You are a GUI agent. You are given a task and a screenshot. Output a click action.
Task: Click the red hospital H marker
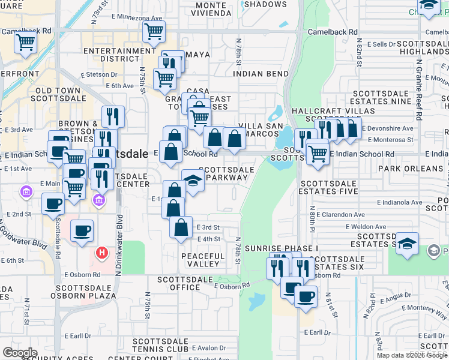coord(102,253)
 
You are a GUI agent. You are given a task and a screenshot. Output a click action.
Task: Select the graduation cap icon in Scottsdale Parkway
coord(193,179)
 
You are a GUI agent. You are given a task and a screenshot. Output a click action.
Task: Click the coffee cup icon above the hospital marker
coord(82,230)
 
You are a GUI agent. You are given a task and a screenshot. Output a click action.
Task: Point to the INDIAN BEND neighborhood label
coord(260,74)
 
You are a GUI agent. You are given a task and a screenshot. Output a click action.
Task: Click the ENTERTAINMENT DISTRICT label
coord(112,55)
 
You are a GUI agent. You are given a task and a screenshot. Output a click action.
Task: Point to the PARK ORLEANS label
coord(406,169)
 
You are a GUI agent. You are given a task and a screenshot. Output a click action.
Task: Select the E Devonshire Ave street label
coord(391,128)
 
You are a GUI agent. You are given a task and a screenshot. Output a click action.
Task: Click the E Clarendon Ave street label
coord(339,214)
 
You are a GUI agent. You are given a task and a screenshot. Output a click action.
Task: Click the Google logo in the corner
coord(20,353)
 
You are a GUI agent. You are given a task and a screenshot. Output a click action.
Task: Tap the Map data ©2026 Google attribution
coord(412,355)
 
